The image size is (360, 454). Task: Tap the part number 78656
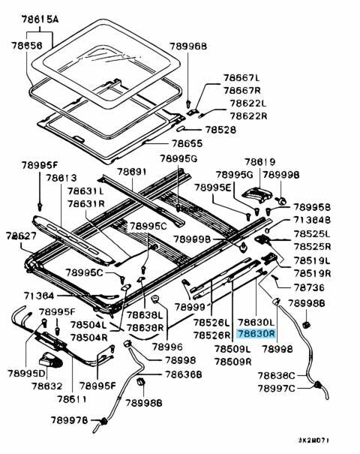26,46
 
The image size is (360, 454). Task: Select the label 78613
61,178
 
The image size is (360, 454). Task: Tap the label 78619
259,161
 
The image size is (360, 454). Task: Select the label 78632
47,386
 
